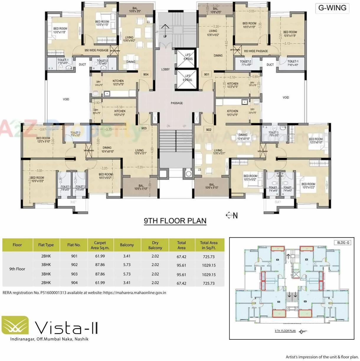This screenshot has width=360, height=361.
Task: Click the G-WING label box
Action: [332, 8]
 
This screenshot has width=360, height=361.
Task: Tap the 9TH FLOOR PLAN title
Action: [175, 221]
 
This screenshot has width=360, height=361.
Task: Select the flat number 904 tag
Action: [146, 74]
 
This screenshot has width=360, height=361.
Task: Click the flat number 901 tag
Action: [207, 74]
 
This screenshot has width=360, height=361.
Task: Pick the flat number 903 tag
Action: [144, 128]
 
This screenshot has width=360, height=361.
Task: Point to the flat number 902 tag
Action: [209, 130]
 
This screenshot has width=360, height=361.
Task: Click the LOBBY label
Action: [166, 69]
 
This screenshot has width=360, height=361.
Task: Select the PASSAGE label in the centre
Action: [176, 103]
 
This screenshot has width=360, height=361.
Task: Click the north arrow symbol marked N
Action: [232, 215]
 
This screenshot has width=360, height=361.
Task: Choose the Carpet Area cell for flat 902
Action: [100, 265]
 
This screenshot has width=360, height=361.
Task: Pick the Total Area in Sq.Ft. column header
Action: [209, 245]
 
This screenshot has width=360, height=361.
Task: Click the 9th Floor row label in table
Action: [17, 269]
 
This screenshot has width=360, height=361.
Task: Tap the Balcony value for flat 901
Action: [127, 256]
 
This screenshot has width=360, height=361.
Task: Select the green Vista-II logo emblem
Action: [15, 325]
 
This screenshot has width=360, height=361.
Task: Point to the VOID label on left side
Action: [66, 99]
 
